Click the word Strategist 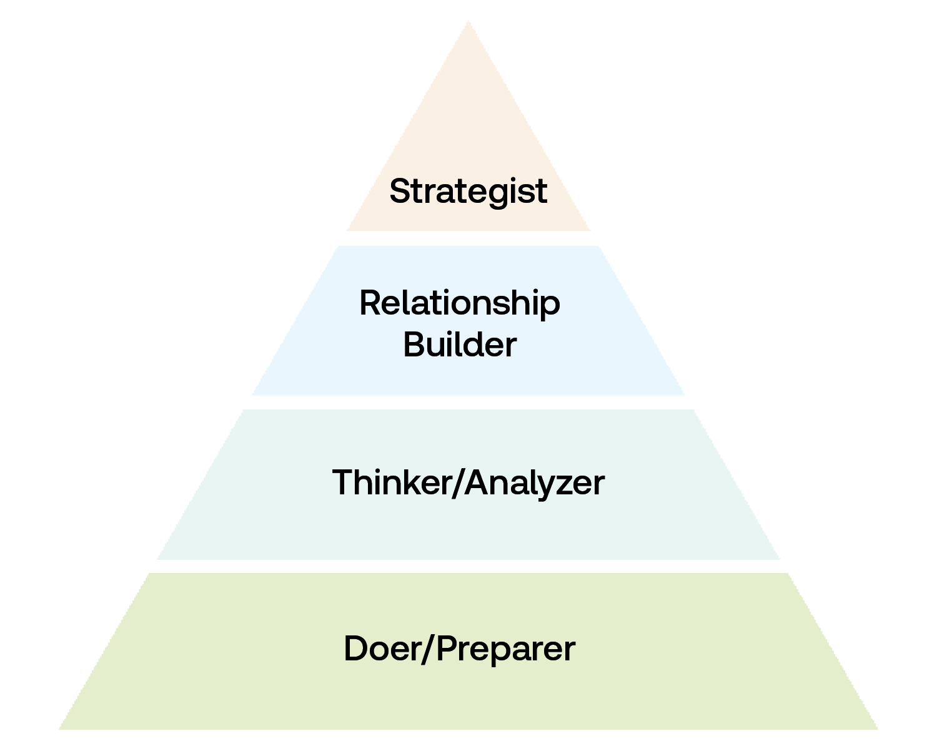point(468,191)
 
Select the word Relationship point(460,304)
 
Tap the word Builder point(460,345)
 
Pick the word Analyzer point(535,483)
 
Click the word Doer point(382,649)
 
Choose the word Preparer point(505,649)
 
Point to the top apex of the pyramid point(468,21)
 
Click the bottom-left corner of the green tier point(59,728)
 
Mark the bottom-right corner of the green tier point(878,728)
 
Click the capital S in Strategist point(400,191)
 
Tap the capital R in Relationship point(370,303)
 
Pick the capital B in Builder point(414,345)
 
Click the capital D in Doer point(355,649)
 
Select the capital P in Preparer point(447,649)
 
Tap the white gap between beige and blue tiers point(468,238)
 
